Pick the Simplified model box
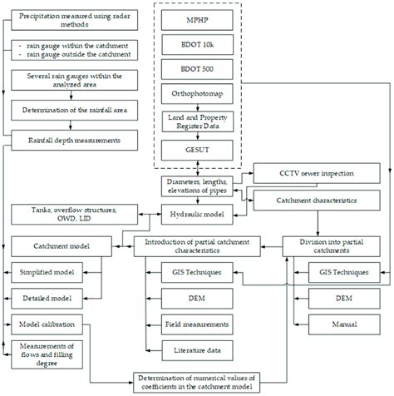click(52, 271)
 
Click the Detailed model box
click(52, 296)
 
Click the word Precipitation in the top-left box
click(42, 16)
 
